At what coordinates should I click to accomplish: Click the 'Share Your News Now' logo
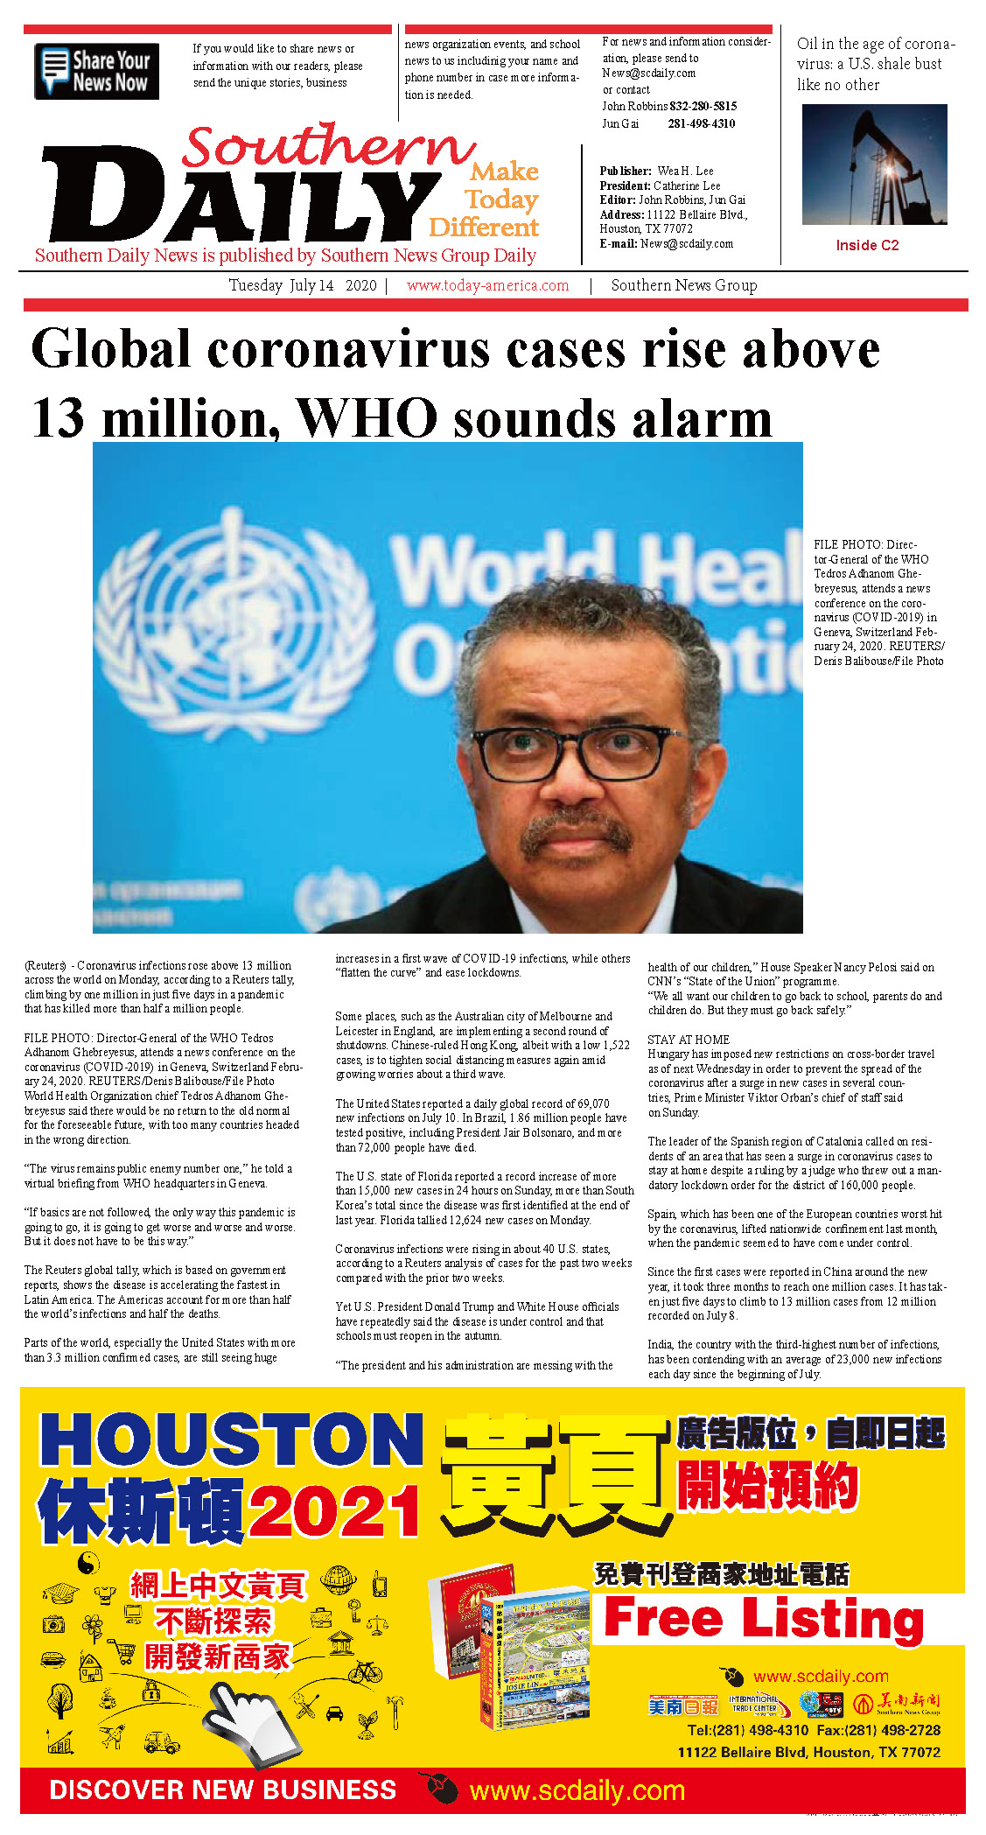tap(96, 71)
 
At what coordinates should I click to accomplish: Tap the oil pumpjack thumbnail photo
tap(874, 165)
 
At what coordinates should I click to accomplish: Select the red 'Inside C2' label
tap(867, 245)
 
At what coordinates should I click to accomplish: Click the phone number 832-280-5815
tap(703, 106)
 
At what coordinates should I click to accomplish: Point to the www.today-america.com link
tap(487, 285)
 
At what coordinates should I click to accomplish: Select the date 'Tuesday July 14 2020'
tap(302, 285)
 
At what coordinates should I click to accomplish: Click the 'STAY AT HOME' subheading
tap(689, 1040)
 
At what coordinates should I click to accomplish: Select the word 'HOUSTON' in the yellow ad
tap(232, 1440)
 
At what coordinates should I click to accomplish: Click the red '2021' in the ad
tap(335, 1511)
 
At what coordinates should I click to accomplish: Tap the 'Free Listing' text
tap(764, 1618)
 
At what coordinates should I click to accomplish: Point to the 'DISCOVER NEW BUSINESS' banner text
tap(223, 1789)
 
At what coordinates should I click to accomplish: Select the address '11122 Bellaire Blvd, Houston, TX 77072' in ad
tap(808, 1752)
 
